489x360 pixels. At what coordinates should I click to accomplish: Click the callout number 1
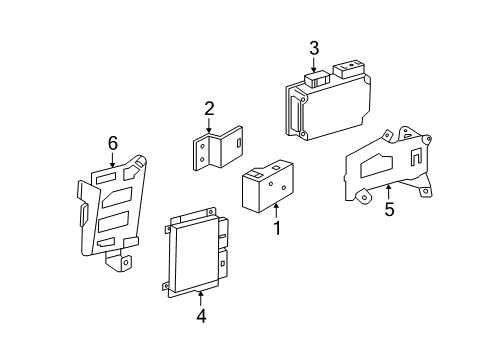pos(277,228)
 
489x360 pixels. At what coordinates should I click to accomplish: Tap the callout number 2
pos(209,109)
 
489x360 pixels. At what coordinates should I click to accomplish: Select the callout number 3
pos(314,48)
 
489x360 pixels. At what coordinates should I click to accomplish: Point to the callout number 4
pos(201,316)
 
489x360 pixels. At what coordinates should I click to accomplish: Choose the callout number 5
pos(389,209)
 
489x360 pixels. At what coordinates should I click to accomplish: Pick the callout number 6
pos(113,143)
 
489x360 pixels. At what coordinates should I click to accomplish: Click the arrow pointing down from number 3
pos(314,65)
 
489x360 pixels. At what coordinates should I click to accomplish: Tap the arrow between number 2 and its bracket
pos(209,126)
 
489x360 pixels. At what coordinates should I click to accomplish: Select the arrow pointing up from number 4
pos(201,298)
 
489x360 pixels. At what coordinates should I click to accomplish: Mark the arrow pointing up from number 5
pos(388,192)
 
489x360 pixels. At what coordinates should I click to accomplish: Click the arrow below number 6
pos(112,160)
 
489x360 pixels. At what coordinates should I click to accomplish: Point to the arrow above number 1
pos(276,211)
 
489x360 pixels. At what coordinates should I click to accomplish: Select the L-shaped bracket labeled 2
pos(218,148)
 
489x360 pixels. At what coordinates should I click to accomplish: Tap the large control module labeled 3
pos(328,100)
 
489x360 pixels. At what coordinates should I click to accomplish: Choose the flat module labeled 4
pos(196,252)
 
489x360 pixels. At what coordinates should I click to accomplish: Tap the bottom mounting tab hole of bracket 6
pos(126,262)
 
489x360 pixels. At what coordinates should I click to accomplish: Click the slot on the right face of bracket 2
pos(239,143)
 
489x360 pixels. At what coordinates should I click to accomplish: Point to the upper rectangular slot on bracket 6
pos(106,179)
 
